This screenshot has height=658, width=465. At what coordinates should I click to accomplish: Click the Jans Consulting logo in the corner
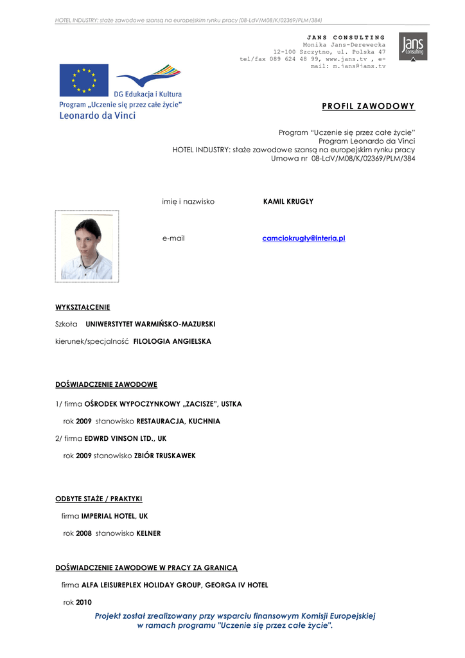(413, 46)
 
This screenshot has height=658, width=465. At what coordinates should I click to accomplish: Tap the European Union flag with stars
(83, 80)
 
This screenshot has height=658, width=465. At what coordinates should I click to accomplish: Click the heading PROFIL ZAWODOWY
(368, 106)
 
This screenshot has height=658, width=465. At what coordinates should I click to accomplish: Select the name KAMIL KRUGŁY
(288, 201)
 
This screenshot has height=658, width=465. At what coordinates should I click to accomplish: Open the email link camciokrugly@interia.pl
(304, 238)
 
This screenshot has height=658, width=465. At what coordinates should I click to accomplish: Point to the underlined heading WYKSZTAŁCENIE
(82, 307)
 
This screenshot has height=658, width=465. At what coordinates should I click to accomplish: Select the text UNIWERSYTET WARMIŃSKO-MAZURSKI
(150, 324)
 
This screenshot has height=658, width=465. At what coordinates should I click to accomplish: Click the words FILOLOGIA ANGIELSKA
(172, 341)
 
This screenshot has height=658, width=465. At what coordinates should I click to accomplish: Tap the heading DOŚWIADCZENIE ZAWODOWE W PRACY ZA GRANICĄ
(146, 568)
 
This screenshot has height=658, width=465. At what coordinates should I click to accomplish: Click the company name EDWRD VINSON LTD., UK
(125, 438)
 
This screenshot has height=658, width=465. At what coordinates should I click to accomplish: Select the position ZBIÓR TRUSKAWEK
(165, 456)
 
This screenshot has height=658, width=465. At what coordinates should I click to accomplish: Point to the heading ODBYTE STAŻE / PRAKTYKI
(99, 499)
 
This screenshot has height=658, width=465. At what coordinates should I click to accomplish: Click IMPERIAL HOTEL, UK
(114, 516)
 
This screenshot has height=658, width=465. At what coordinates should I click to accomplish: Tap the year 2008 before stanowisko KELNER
(83, 533)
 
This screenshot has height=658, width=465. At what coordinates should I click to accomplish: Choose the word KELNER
(148, 533)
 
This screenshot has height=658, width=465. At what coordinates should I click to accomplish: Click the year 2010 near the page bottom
(83, 603)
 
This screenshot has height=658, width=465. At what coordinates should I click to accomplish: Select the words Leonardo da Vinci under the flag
(98, 116)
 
